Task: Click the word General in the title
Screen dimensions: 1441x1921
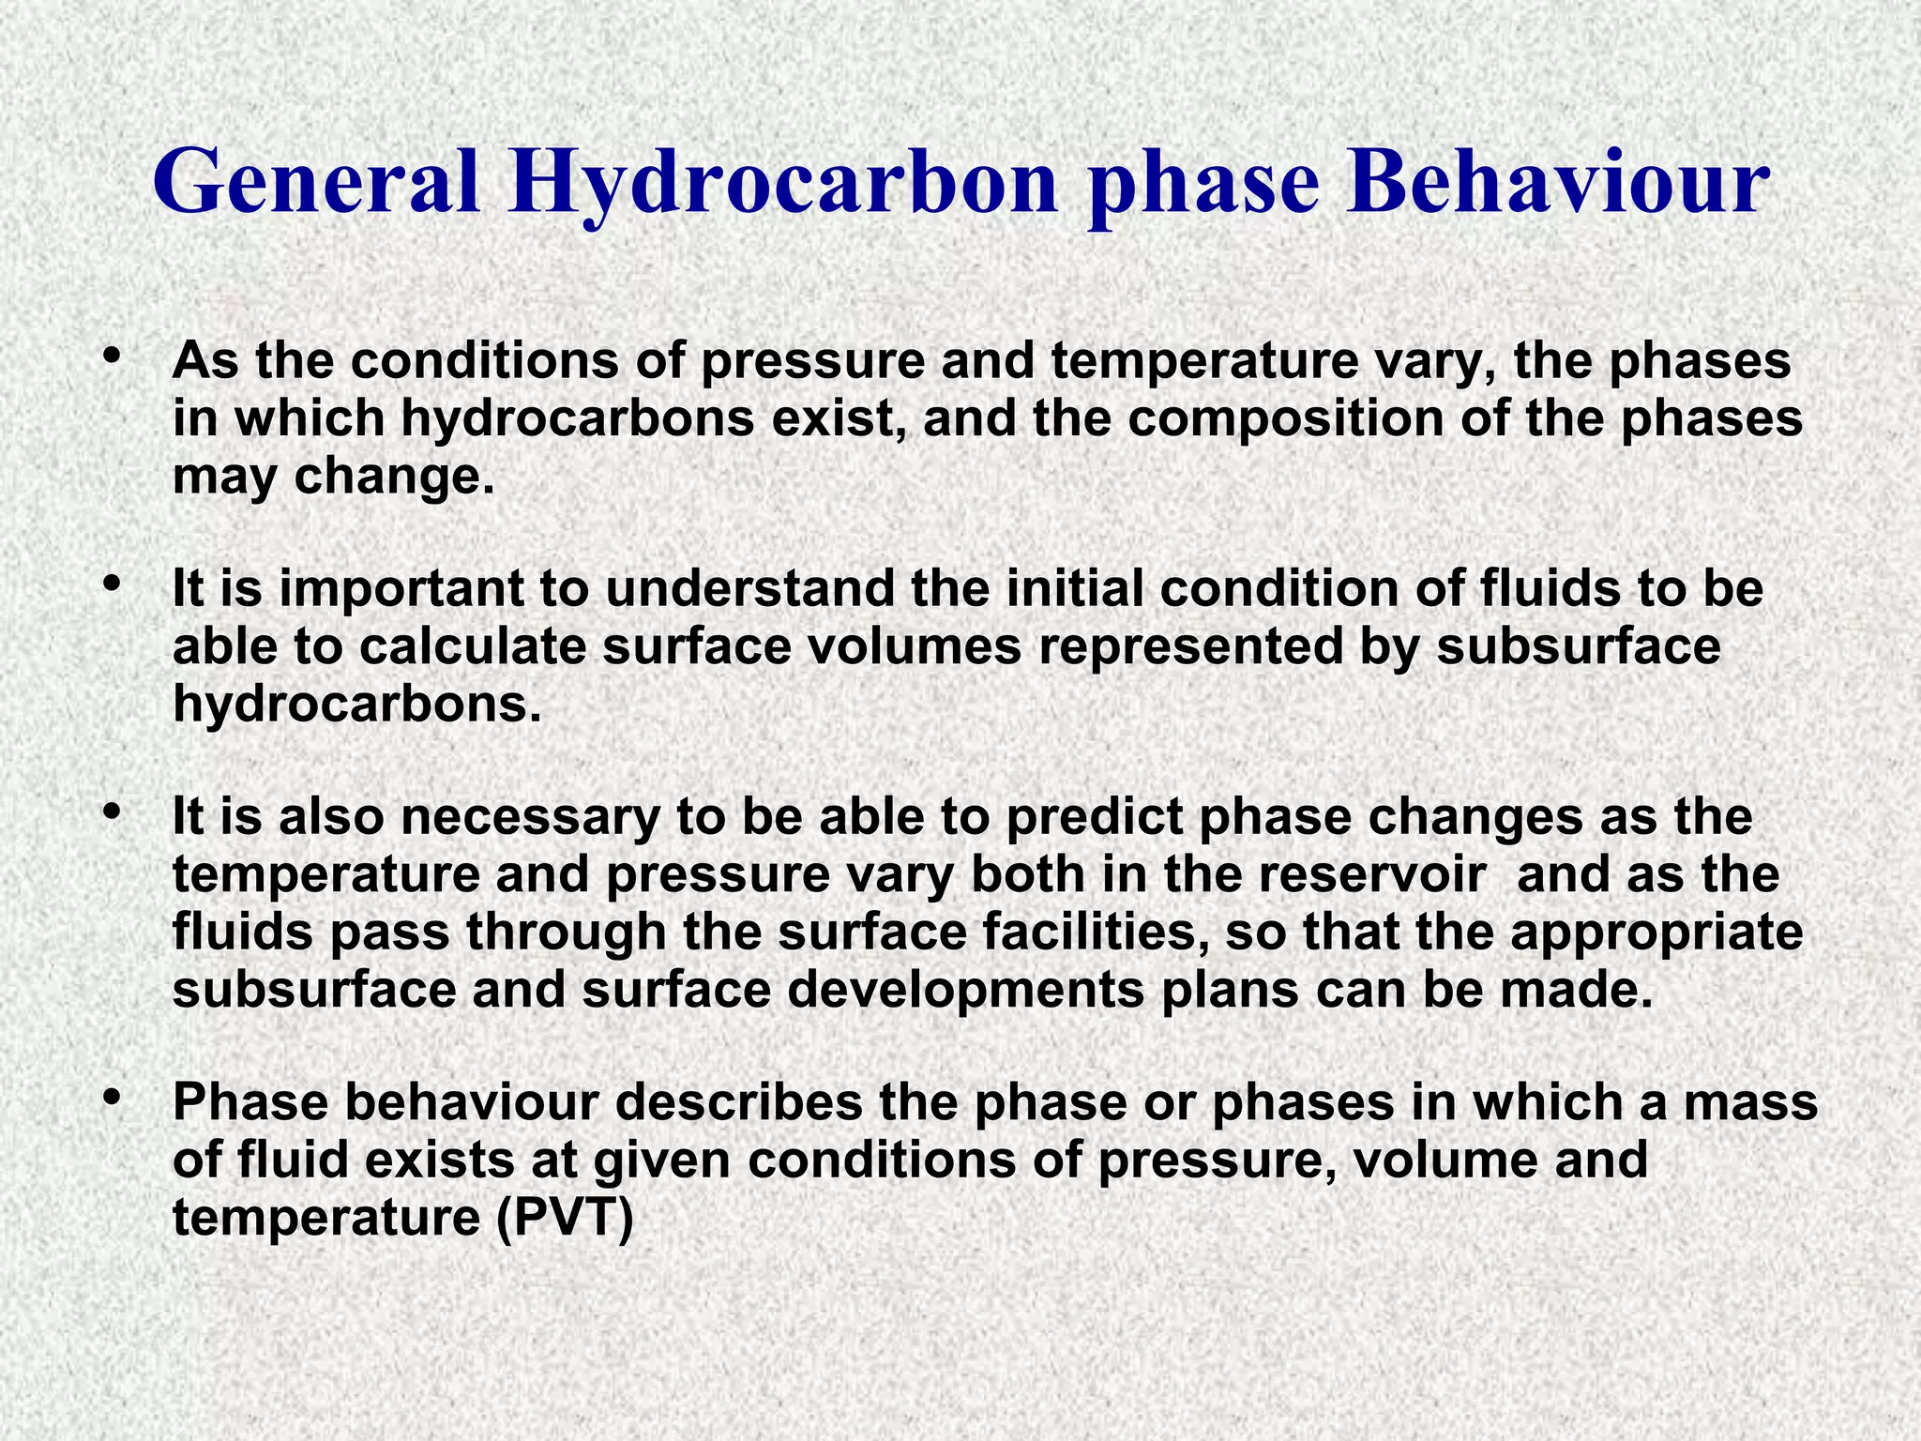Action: click(317, 184)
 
